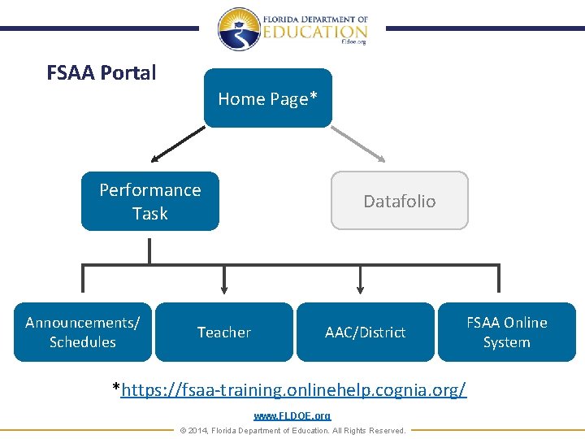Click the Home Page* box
coord(268,98)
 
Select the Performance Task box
coord(150,201)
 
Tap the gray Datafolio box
coord(399,201)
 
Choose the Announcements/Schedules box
coord(83,332)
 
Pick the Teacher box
coord(224,332)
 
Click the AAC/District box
coord(366,332)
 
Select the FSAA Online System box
coord(507,332)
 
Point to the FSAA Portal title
coord(102,73)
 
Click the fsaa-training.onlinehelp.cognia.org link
coord(293,389)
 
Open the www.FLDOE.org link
coord(292,416)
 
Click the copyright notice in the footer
coord(292,430)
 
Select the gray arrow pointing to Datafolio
coord(358,144)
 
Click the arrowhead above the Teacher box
coord(224,289)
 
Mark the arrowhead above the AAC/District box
coord(361,289)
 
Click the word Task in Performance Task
coord(150,213)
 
